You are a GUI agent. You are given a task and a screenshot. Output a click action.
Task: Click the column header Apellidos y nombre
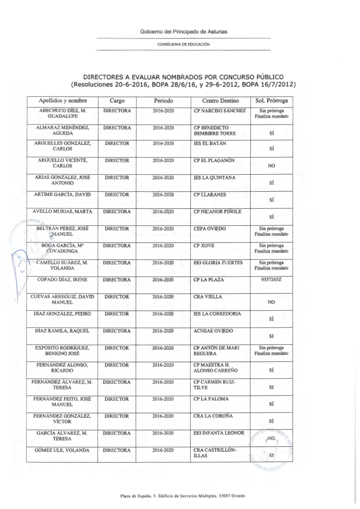pos(63,101)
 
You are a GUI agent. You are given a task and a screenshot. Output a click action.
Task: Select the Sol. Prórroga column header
pos(271,101)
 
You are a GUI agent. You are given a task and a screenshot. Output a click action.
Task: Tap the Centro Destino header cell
pos(220,101)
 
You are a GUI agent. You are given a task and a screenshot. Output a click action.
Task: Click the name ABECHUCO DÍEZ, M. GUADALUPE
pos(63,113)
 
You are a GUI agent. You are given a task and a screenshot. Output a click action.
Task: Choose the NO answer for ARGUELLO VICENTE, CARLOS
pos(271,166)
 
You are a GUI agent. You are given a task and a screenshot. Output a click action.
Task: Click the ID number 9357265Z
pos(271,280)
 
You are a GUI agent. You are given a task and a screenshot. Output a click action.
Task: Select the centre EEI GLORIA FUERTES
pos(218,263)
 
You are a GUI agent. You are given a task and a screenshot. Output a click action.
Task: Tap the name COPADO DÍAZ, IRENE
pos(62,280)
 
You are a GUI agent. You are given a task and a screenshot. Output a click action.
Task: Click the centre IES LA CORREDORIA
pos(217,314)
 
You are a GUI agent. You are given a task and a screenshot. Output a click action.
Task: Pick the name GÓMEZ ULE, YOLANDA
pos(62,450)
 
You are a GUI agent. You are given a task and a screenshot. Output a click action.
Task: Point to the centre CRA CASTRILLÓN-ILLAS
pos(215,453)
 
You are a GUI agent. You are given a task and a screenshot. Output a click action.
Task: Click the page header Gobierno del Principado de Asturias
pos(184,32)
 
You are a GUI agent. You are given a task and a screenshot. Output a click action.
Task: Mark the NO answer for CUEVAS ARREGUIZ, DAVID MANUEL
pos(271,302)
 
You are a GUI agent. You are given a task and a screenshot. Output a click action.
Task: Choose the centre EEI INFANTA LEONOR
pos(219,433)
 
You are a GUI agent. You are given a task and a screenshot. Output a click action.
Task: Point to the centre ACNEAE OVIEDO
pos(213,331)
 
